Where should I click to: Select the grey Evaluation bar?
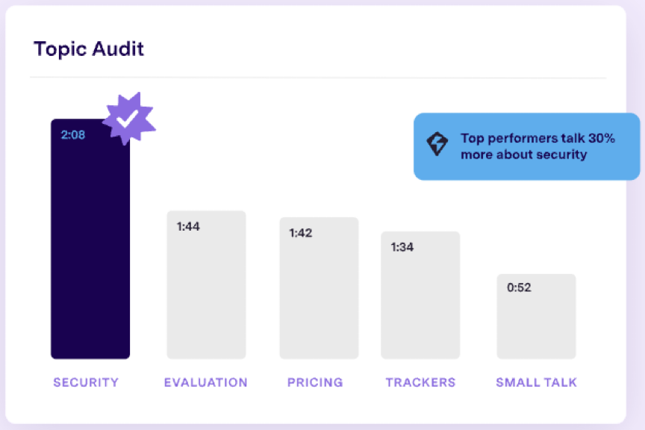pos(206,291)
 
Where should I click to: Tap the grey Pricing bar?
pos(319,295)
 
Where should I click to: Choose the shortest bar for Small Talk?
pos(536,321)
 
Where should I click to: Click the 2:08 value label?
pos(72,135)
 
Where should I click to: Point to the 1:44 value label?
pos(188,226)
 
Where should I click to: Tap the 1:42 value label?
pos(300,233)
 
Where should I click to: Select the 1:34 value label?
pos(402,247)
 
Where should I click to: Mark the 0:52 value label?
pos(519,287)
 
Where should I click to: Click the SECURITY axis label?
pos(86,382)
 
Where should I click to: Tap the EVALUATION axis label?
pos(206,382)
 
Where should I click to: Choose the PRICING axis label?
pos(315,382)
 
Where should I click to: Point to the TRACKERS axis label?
pos(420,382)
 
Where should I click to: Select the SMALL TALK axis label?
pos(537,382)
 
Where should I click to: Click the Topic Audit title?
pos(89,49)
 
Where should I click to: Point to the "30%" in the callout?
pos(599,138)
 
